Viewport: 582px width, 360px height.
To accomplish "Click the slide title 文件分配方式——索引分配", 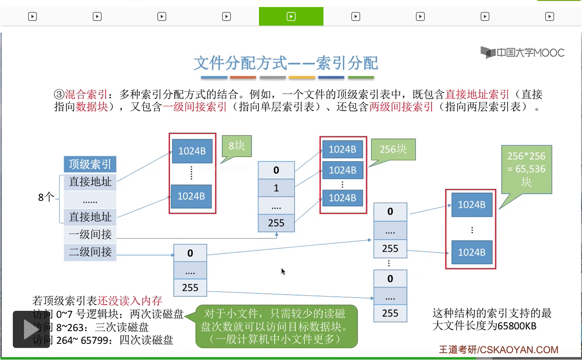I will click(286, 63).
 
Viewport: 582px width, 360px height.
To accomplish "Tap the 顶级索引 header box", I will click(90, 164).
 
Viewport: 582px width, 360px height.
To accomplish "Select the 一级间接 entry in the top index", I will click(90, 234).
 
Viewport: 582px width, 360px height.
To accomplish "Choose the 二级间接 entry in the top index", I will click(90, 252).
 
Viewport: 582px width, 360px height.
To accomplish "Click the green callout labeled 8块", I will click(237, 146).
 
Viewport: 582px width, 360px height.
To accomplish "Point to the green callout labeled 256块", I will click(393, 149).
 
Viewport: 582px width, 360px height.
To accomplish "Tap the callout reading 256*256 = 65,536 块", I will click(526, 169).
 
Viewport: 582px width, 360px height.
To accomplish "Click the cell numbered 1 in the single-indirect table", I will click(276, 188).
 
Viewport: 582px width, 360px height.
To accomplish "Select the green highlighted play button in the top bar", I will click(291, 17).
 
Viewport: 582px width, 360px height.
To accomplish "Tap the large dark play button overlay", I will click(31, 329).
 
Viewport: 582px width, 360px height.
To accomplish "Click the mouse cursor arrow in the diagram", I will click(283, 271).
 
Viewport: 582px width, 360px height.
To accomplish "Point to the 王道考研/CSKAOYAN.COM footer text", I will click(498, 350).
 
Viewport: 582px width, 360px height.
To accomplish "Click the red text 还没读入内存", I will click(129, 300).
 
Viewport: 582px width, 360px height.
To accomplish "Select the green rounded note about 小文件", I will click(276, 326).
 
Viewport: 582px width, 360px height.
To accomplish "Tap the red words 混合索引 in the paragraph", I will click(86, 94).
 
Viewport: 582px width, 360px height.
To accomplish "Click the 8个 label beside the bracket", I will click(46, 197).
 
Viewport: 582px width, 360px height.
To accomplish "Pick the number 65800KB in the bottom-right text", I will click(517, 326).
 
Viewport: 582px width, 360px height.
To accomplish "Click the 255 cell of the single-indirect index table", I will click(276, 223).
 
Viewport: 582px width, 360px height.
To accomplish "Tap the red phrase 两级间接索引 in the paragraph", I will click(401, 107).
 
